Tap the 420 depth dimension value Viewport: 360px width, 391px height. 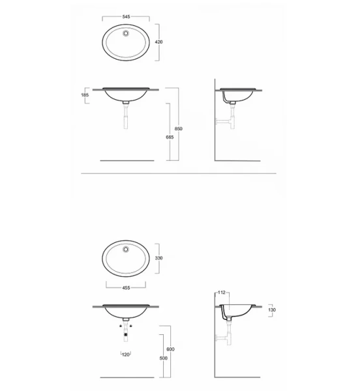pyautogui.click(x=158, y=41)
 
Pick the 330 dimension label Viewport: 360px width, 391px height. pyautogui.click(x=158, y=258)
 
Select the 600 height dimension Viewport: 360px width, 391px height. pyautogui.click(x=171, y=349)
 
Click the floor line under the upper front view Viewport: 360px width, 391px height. pyautogui.click(x=127, y=160)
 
